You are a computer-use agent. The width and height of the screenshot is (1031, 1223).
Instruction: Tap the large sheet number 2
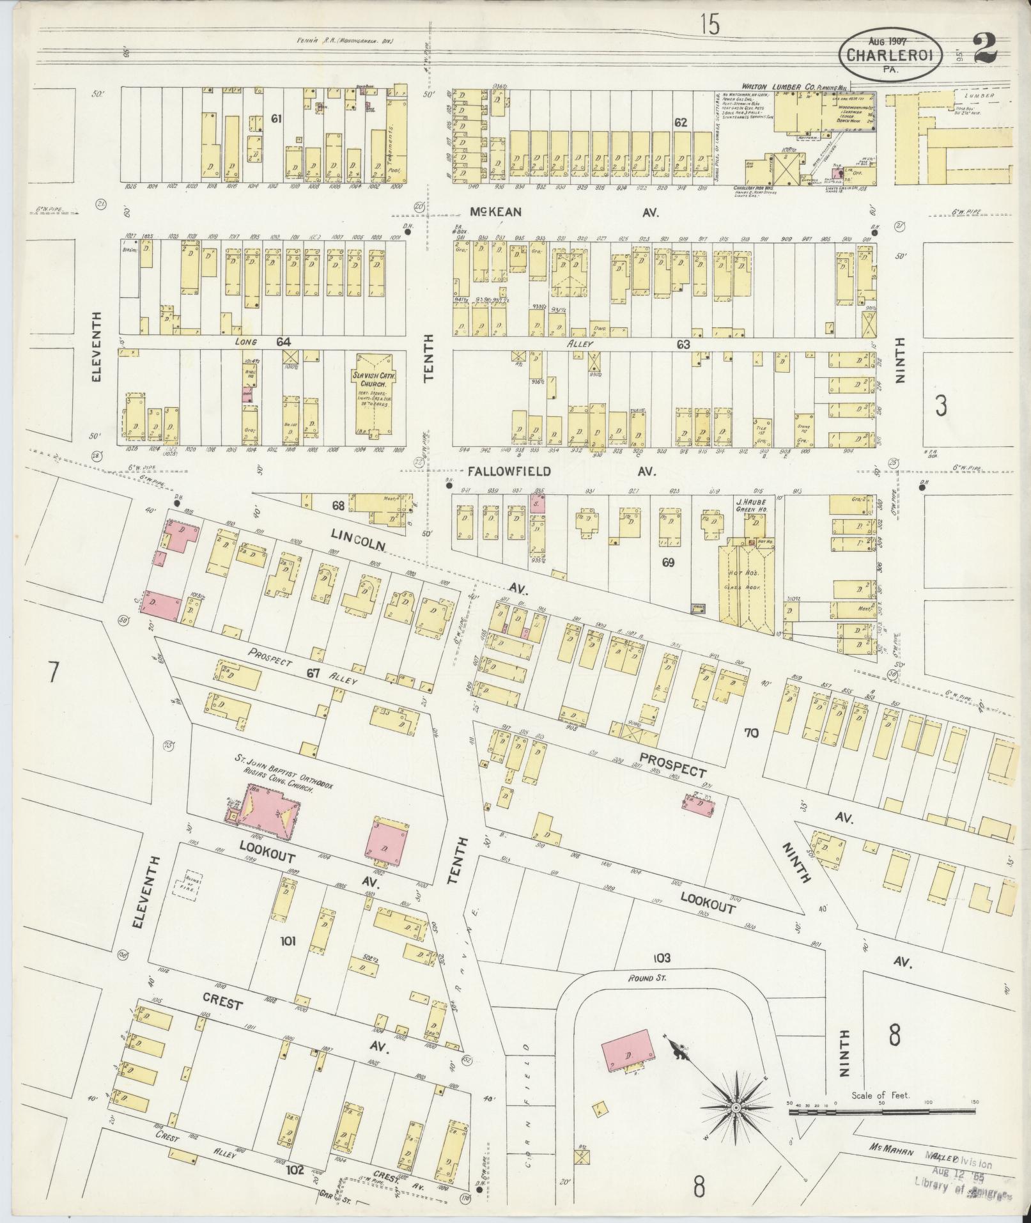[x=988, y=49]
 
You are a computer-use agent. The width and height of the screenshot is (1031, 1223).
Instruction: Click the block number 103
[x=662, y=975]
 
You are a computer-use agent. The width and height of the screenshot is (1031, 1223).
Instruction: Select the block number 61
[x=276, y=118]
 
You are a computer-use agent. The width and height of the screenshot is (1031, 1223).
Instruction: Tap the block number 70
[x=750, y=733]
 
